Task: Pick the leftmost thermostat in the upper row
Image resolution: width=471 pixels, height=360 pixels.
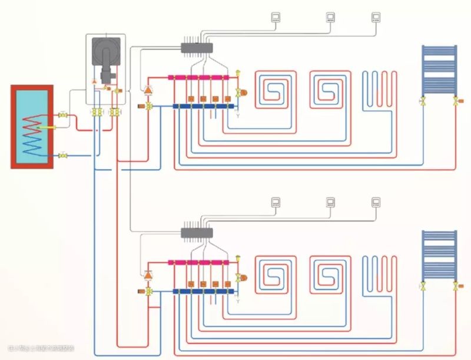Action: pos(276,17)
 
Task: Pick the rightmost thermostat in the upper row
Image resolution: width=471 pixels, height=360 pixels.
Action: pos(376,17)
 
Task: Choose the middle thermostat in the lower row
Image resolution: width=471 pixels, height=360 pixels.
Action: pos(331,203)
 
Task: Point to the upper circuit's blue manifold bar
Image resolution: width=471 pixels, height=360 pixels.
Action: pos(203,107)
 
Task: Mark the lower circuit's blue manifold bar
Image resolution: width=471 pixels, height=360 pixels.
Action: pos(203,292)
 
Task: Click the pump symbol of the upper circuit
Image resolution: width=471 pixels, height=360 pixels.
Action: pos(147,90)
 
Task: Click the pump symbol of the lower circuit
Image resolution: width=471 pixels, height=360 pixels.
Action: pos(147,275)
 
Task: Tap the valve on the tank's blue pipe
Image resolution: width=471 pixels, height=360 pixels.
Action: pos(63,156)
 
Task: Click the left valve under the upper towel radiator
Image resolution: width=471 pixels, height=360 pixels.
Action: pos(423,101)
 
